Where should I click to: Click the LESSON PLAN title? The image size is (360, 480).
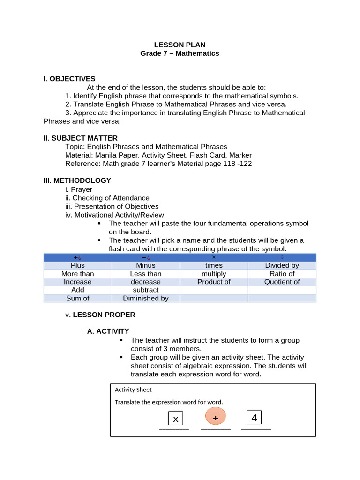point(180,45)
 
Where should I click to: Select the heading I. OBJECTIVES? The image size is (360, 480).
point(69,79)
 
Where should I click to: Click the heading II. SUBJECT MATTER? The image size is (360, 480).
point(80,138)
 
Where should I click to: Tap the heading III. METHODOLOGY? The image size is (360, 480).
point(77,180)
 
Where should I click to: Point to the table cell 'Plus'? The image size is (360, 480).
point(77,265)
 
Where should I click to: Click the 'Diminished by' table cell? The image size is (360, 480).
point(145,298)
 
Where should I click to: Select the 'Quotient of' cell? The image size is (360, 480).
point(282,282)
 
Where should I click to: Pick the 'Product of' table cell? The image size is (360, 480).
point(214,282)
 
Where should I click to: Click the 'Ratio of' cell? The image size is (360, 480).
point(282,274)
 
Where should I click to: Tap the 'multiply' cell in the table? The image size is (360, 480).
point(214,274)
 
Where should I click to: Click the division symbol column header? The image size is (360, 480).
point(282,257)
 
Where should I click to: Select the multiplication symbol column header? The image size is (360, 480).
point(214,257)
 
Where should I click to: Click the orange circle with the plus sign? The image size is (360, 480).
point(216,417)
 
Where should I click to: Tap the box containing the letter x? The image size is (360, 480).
point(176,419)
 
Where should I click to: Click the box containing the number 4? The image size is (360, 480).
point(254,417)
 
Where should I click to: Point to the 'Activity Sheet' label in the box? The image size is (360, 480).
point(133,390)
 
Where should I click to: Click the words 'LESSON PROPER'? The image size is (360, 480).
point(104,315)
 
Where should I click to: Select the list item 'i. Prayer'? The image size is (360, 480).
point(79,189)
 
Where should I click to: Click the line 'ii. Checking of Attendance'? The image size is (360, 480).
point(107,198)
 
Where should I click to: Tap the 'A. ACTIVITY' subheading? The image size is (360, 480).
point(108,331)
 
